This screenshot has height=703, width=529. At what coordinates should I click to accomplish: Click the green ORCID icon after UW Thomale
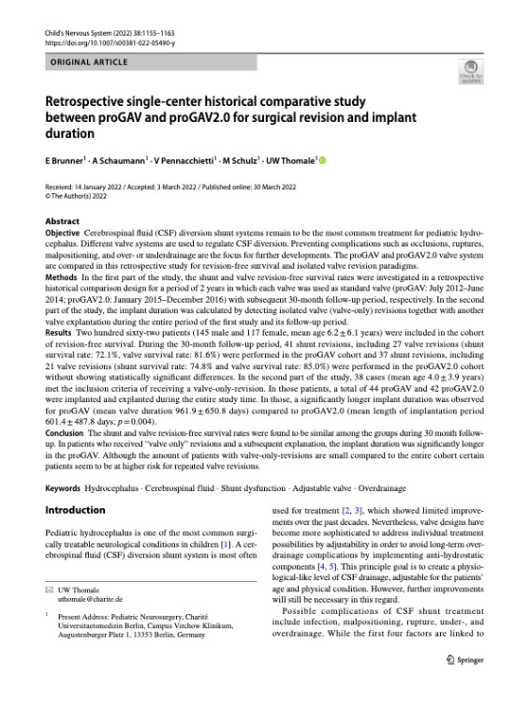pos(324,161)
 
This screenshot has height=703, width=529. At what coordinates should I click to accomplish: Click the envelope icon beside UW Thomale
pos(50,616)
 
